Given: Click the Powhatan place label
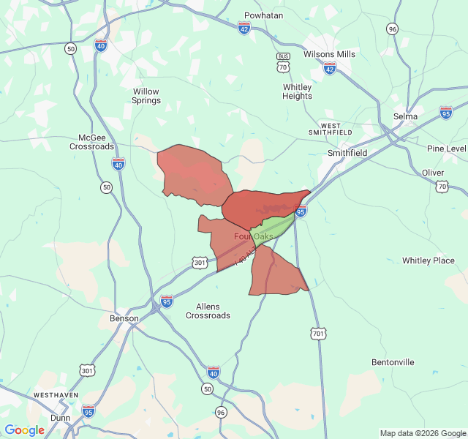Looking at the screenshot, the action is [x=263, y=15].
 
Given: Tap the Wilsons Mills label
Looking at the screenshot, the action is [x=329, y=54].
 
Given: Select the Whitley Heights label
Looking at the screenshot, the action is [x=297, y=91].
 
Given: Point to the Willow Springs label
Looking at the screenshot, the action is [x=146, y=96].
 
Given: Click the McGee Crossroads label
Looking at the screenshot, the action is [x=92, y=142].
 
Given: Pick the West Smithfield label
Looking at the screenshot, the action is [x=336, y=129].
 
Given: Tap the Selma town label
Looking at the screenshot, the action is [x=405, y=116].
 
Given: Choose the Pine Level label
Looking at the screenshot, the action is [x=446, y=149].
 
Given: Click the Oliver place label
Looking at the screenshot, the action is [x=433, y=173].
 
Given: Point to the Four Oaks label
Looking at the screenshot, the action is [x=253, y=236].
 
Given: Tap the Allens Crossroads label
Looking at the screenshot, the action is [x=208, y=311].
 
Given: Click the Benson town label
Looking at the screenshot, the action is [x=123, y=319].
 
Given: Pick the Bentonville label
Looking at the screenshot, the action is [x=393, y=362].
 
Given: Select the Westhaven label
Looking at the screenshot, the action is [x=56, y=395].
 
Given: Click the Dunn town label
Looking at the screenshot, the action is [x=59, y=418].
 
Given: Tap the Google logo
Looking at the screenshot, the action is [x=25, y=430].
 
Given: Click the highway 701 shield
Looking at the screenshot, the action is [x=318, y=334].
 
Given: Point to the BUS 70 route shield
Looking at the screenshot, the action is [x=282, y=62].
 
